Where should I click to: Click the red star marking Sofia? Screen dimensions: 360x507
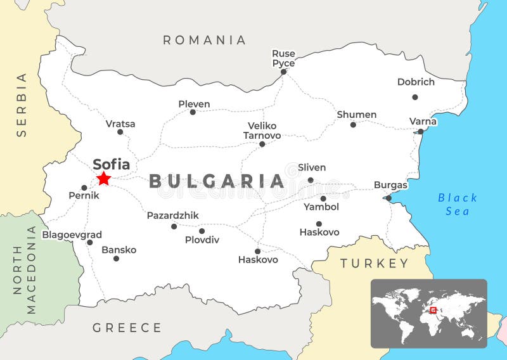click(104, 179)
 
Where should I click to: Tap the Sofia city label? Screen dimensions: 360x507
click(112, 165)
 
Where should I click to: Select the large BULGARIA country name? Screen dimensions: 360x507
click(217, 181)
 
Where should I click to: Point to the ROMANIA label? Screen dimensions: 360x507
click(204, 40)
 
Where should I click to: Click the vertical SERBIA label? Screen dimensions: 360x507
click(22, 105)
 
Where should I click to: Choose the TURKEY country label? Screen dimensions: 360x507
click(375, 263)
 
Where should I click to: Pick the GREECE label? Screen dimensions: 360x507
click(127, 328)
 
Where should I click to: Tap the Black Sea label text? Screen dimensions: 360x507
click(457, 204)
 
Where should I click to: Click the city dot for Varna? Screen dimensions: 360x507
click(420, 132)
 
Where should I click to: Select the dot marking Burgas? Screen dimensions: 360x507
click(388, 198)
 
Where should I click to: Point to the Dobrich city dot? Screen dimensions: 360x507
click(415, 97)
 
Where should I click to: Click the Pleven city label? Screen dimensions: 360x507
click(194, 104)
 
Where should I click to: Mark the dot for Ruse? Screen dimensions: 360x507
click(283, 72)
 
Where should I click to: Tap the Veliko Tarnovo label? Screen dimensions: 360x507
click(262, 130)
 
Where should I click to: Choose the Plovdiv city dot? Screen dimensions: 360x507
click(202, 231)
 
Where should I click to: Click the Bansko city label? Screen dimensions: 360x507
click(119, 250)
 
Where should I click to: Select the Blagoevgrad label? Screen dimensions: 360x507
click(72, 235)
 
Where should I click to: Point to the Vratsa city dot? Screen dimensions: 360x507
click(120, 132)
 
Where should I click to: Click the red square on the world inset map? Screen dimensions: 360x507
click(433, 311)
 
